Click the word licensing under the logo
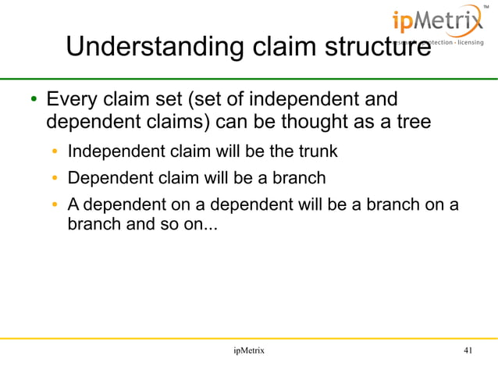tap(467, 41)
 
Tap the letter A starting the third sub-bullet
tap(73, 205)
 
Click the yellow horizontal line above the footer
tap(249, 338)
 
